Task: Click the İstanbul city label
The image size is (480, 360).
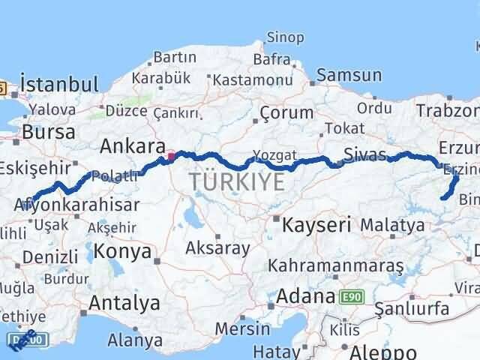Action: point(60,83)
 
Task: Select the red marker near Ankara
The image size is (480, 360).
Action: point(171,157)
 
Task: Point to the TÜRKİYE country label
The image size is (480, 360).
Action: point(236,181)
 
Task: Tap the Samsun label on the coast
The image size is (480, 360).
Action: point(349,75)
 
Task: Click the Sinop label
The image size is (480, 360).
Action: point(286,37)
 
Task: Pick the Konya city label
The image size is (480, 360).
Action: point(123,251)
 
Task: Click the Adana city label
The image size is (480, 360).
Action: point(306,296)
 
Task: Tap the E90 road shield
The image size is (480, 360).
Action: point(352,297)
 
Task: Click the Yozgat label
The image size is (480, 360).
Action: point(270,155)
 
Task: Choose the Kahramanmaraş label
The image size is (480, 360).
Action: point(336,266)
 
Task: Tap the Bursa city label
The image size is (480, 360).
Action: point(49,132)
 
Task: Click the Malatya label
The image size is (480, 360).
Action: point(392,224)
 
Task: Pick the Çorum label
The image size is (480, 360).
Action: point(286,112)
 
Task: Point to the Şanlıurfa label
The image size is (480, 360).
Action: point(412,308)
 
